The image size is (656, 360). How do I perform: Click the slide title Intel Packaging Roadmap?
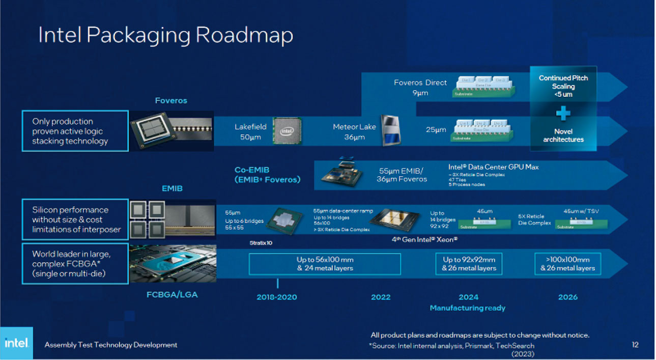click(x=166, y=35)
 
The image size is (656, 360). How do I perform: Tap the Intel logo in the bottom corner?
click(x=16, y=343)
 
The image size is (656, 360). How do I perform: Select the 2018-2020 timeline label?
click(x=276, y=297)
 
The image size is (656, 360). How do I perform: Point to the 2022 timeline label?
click(x=380, y=297)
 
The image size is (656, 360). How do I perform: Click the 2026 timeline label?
click(x=567, y=297)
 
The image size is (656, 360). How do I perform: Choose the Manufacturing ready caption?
click(x=467, y=308)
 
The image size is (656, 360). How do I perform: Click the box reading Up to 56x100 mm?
click(x=324, y=264)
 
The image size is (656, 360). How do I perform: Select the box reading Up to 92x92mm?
click(x=468, y=264)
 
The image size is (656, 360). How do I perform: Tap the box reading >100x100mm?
click(x=567, y=264)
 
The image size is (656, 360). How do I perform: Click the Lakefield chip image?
click(x=287, y=131)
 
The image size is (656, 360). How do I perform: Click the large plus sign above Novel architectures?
click(x=563, y=113)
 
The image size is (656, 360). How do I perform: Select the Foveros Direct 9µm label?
click(x=420, y=87)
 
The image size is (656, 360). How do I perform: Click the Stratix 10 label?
click(x=261, y=243)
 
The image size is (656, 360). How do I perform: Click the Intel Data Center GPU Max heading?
click(x=493, y=167)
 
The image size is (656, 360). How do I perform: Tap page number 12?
click(x=635, y=345)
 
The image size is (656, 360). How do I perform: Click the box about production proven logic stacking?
click(x=74, y=131)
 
